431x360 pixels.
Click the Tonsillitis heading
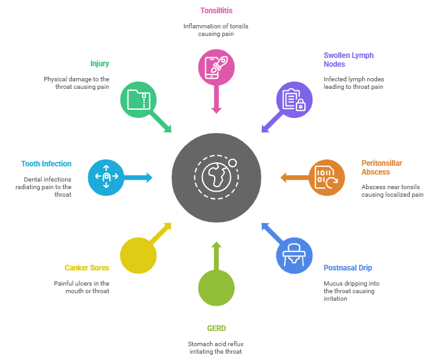pos(216,10)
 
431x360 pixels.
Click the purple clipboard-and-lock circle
pos(294,100)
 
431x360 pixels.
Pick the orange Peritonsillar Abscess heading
pos(382,167)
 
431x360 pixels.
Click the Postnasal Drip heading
pos(348,268)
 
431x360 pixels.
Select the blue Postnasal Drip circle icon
pos(294,255)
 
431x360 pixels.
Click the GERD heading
pos(216,328)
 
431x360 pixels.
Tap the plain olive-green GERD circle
pos(216,287)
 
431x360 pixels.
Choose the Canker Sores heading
pos(87,268)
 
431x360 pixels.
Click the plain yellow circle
pos(138,255)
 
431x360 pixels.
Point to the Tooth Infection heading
pos(46,163)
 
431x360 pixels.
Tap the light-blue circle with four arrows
pos(106,177)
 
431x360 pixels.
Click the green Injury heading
pos(100,64)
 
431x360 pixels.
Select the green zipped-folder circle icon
pos(138,100)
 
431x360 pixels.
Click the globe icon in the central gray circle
pos(216,177)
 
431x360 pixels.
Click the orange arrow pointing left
pos(293,177)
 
